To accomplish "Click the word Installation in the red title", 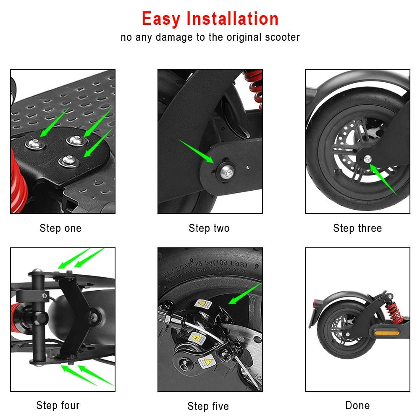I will (x=232, y=19).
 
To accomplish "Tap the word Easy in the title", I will (x=161, y=19).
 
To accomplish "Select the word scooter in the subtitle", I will (x=282, y=37).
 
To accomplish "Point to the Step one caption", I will (x=60, y=228).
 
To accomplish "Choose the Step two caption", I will (x=209, y=228).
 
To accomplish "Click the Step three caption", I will (x=357, y=228).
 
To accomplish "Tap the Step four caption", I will (x=58, y=405).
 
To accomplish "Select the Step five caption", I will (x=208, y=406).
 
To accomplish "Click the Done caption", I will (x=357, y=405).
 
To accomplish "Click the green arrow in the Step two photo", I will (x=196, y=151).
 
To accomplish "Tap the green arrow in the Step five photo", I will (x=244, y=294).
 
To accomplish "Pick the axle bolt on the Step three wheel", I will (x=368, y=159).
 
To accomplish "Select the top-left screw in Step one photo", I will (x=34, y=143).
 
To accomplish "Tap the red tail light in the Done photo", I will (x=315, y=303).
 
